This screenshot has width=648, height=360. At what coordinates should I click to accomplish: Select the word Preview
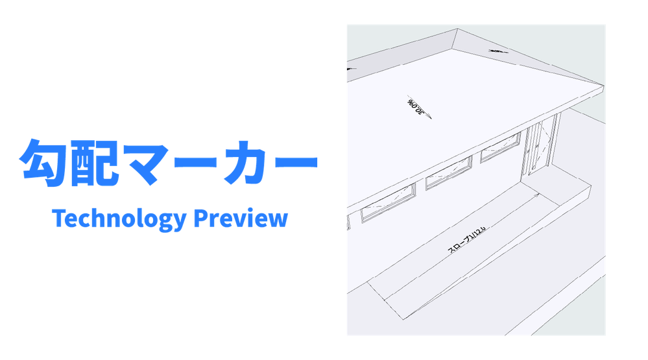click(x=241, y=219)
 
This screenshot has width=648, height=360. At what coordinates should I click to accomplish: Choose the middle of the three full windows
click(x=448, y=174)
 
